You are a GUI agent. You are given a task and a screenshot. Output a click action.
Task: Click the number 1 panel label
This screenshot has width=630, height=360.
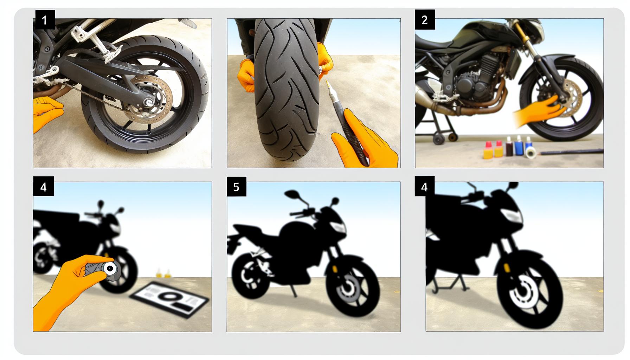(x=44, y=20)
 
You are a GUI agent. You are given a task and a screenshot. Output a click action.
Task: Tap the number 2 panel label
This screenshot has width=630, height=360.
(x=425, y=20)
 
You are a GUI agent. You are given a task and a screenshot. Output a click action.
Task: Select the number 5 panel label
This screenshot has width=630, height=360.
(x=236, y=187)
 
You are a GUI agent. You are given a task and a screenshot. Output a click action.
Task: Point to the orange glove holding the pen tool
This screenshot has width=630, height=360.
(x=366, y=141)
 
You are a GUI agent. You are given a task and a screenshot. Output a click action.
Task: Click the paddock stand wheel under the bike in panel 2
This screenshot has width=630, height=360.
(x=438, y=139)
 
